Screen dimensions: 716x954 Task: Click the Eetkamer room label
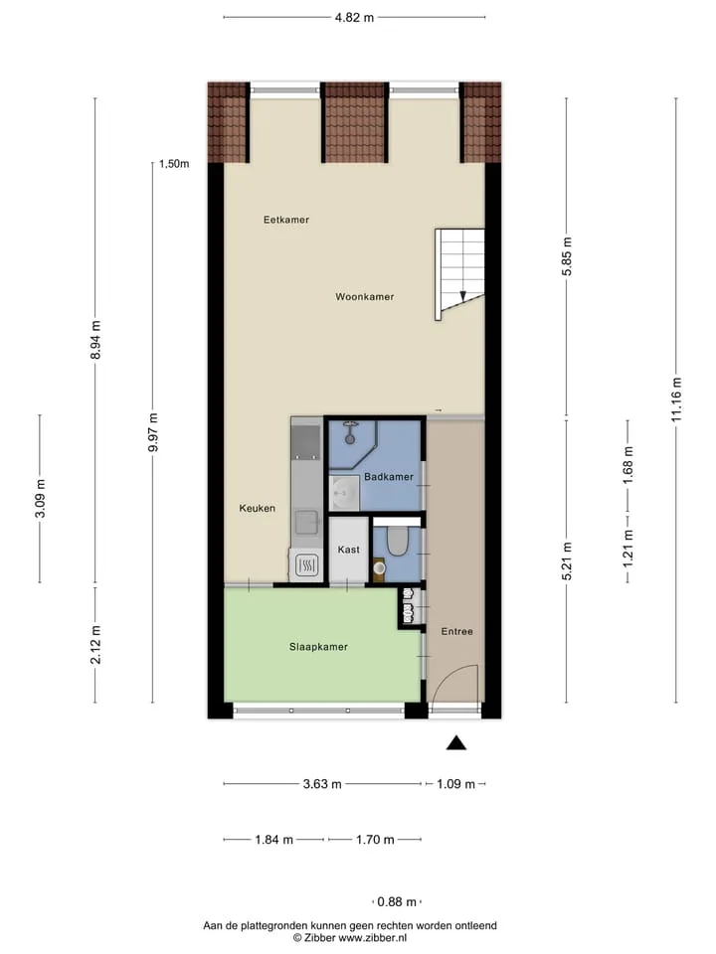[x=286, y=220]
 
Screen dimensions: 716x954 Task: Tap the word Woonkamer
[x=365, y=297]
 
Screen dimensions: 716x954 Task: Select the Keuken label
[x=257, y=508]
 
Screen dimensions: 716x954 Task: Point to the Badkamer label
[x=389, y=477]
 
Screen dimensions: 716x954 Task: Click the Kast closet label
[x=349, y=550]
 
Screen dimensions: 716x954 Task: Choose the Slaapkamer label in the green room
[x=318, y=647]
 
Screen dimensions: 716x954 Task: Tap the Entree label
[x=456, y=632]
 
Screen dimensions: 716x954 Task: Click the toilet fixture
[x=398, y=541]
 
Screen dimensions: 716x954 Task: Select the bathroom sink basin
[x=343, y=493]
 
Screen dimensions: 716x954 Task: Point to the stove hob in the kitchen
[x=307, y=565]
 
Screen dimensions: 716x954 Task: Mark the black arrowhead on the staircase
[x=463, y=296]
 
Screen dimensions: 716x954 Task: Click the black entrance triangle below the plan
[x=456, y=743]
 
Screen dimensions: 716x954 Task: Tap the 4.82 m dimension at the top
[x=354, y=18]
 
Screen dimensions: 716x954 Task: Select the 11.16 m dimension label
[x=676, y=399]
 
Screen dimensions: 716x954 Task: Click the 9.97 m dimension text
[x=153, y=432]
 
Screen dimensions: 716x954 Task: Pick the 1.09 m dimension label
[x=455, y=784]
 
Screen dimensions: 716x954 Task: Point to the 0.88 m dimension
[x=397, y=901]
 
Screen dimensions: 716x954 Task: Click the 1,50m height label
[x=174, y=164]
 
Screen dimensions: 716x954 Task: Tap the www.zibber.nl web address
[x=372, y=938]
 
